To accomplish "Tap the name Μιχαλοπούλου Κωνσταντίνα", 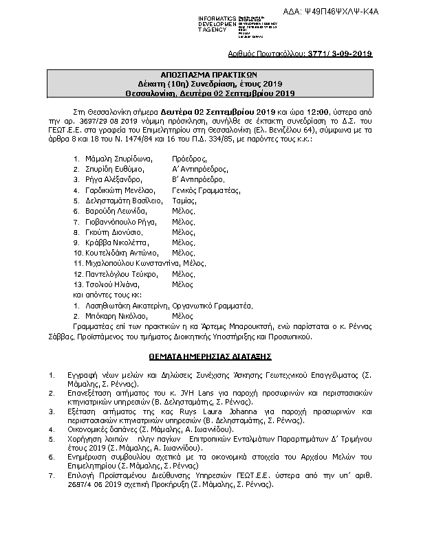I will coord(127,262).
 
